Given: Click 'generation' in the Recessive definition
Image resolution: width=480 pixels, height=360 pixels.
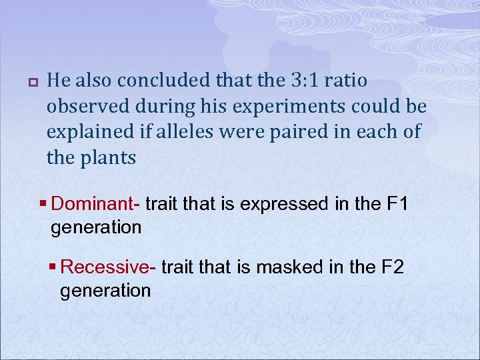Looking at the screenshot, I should point(105,291).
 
